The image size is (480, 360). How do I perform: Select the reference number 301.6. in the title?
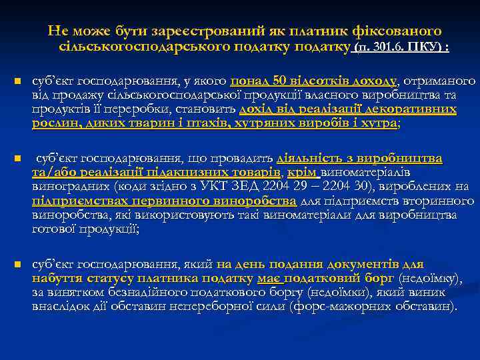(384, 48)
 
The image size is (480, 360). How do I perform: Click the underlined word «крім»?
(304, 173)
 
